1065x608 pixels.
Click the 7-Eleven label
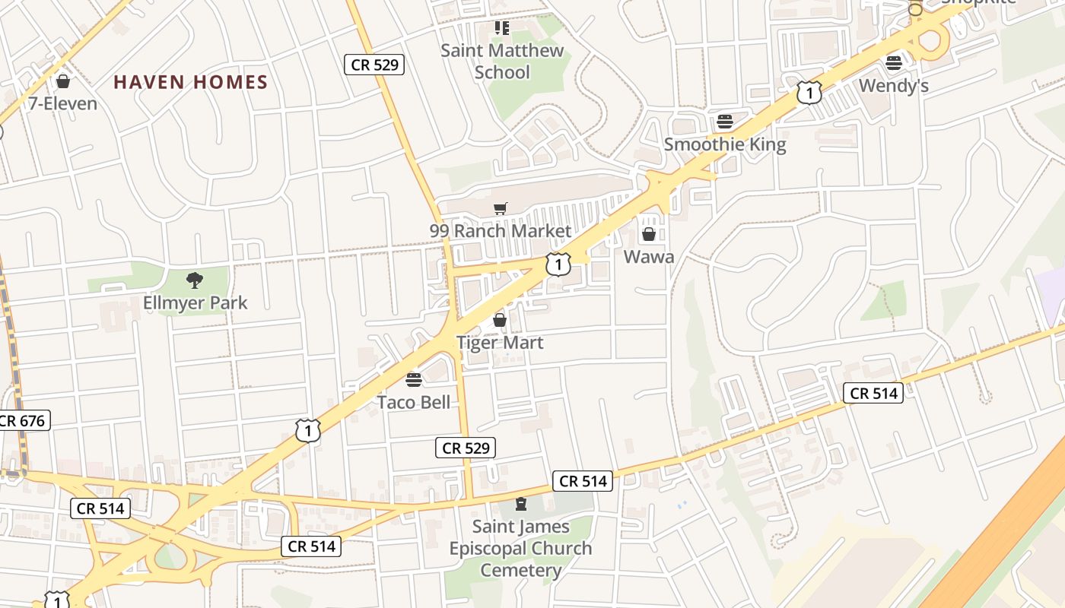pyautogui.click(x=63, y=103)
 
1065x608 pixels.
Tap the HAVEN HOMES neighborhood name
pyautogui.click(x=191, y=82)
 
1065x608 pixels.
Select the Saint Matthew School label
pyautogui.click(x=502, y=62)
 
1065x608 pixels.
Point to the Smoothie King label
pyautogui.click(x=725, y=144)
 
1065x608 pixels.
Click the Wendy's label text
pyautogui.click(x=894, y=86)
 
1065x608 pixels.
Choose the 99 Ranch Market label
pyautogui.click(x=501, y=230)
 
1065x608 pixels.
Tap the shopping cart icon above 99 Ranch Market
pyautogui.click(x=501, y=209)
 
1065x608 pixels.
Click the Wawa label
pyautogui.click(x=649, y=257)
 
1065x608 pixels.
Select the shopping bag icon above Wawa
pyautogui.click(x=649, y=234)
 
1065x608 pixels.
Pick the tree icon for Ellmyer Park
pyautogui.click(x=195, y=280)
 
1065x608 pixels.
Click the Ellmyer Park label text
pyautogui.click(x=196, y=302)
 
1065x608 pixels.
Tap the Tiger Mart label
pyautogui.click(x=500, y=343)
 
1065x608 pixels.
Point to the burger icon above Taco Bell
pyautogui.click(x=414, y=379)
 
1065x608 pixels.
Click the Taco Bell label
pyautogui.click(x=414, y=402)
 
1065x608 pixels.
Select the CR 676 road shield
pyautogui.click(x=23, y=420)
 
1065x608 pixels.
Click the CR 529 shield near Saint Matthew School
pyautogui.click(x=374, y=65)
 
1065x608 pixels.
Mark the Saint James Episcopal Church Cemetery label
pyautogui.click(x=520, y=548)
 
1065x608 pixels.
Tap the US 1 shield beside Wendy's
pyautogui.click(x=809, y=93)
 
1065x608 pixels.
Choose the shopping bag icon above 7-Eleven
pyautogui.click(x=63, y=81)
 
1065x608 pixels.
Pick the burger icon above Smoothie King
pyautogui.click(x=725, y=122)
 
